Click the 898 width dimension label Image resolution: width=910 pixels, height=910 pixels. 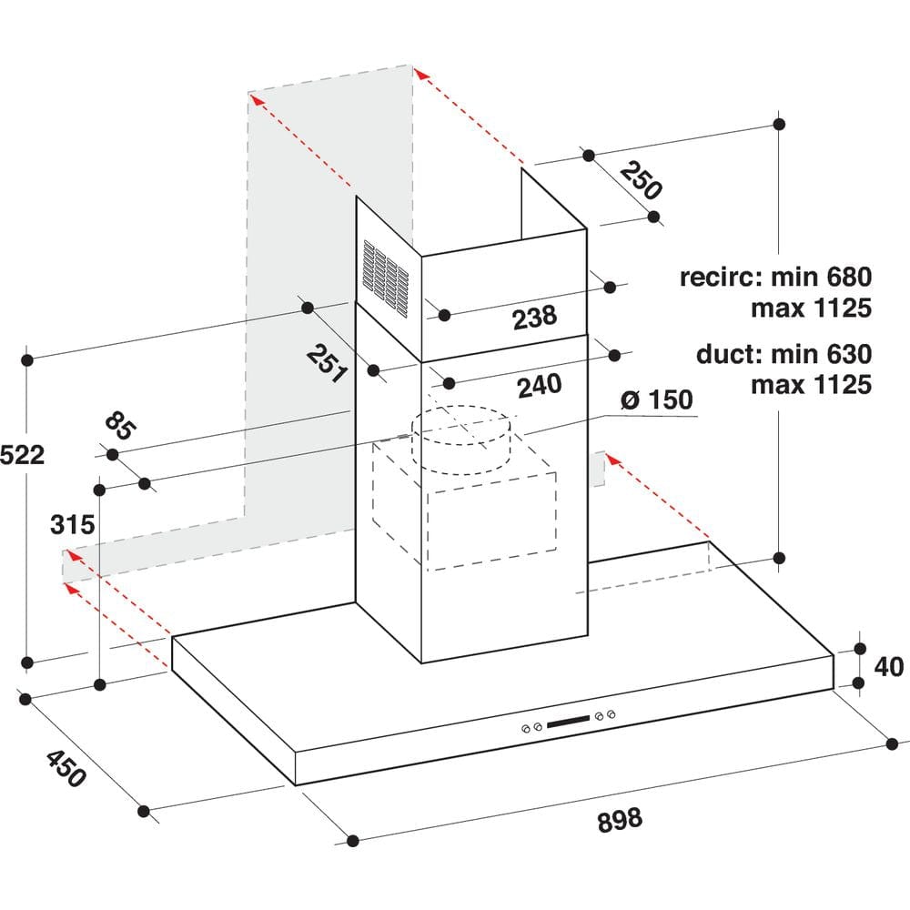point(620,818)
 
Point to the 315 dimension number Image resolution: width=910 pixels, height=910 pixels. point(73,524)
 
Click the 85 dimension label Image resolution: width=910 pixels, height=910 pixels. point(117,426)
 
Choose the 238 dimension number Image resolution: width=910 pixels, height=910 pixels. point(534,317)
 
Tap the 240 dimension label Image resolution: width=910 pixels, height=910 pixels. point(539,386)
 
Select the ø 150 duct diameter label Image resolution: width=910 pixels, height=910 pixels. point(656,399)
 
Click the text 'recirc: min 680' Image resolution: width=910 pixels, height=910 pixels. point(775,277)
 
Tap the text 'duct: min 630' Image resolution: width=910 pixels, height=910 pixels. point(784,353)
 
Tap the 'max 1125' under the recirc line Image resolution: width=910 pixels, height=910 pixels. point(811,308)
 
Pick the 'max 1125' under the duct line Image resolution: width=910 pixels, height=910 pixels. point(811,384)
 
